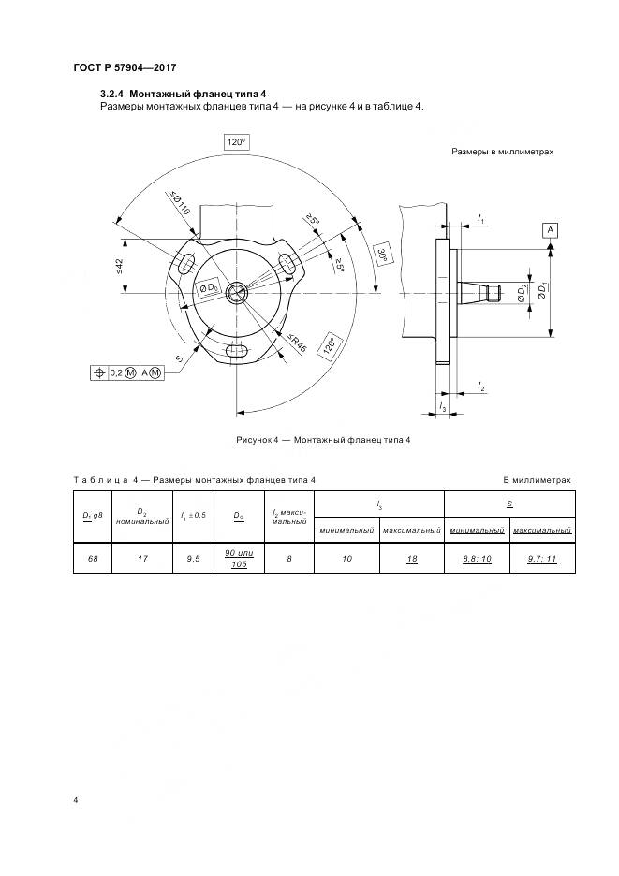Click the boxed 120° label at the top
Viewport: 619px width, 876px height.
235,142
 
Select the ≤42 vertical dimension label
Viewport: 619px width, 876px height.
120,267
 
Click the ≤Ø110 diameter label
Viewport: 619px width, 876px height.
180,205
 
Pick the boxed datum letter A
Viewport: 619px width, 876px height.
550,229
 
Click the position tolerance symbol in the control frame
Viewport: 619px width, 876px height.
99,372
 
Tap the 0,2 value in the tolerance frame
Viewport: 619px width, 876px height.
118,372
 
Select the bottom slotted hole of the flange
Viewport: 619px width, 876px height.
238,352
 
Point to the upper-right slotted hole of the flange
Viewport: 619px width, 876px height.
288,263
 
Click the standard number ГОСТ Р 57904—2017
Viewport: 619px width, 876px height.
125,67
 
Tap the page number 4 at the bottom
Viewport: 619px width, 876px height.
76,800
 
